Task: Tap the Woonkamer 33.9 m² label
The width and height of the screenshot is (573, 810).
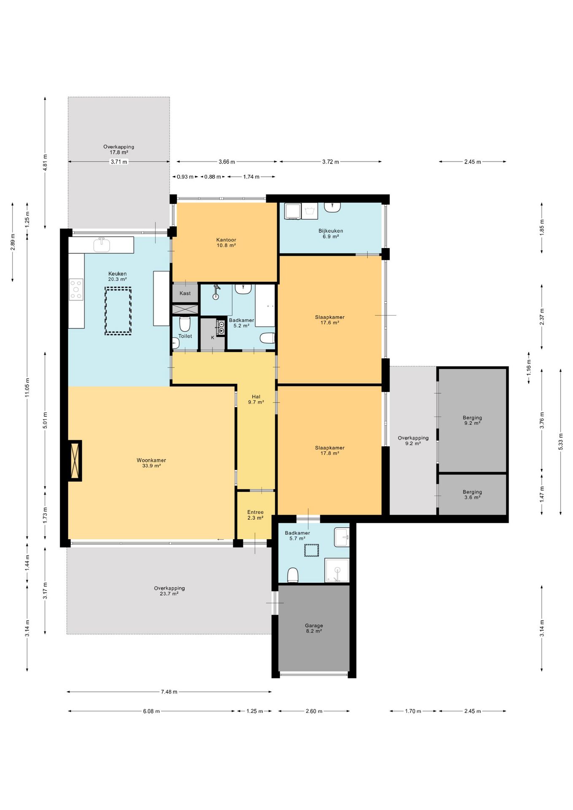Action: tap(151, 463)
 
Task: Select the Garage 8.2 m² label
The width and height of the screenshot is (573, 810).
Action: tap(314, 629)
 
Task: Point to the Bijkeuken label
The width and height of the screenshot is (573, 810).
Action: tap(331, 231)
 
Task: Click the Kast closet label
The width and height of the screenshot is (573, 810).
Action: tap(185, 293)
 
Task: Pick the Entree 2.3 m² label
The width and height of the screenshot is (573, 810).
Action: tap(256, 515)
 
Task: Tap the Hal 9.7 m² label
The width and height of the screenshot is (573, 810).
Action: tap(256, 400)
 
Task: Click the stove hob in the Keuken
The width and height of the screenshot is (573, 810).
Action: tap(76, 289)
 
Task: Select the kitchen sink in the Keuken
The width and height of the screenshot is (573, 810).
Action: tap(101, 244)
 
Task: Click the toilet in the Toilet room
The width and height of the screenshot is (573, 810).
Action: tap(185, 324)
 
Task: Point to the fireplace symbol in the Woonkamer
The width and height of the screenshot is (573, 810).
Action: tap(75, 461)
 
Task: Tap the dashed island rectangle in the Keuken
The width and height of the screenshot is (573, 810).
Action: tap(118, 310)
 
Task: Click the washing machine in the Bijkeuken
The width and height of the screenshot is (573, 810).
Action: tap(293, 211)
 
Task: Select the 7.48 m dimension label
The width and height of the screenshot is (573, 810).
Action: tap(169, 691)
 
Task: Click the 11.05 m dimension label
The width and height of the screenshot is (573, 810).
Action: tap(27, 387)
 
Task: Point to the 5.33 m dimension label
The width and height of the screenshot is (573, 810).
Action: tap(561, 442)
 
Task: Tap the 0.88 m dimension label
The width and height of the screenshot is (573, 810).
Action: tap(213, 177)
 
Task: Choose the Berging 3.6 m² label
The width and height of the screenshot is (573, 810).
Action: tap(472, 494)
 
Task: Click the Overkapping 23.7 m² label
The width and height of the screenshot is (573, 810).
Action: tap(169, 591)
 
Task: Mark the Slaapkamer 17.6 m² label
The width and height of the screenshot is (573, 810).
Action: tap(330, 320)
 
